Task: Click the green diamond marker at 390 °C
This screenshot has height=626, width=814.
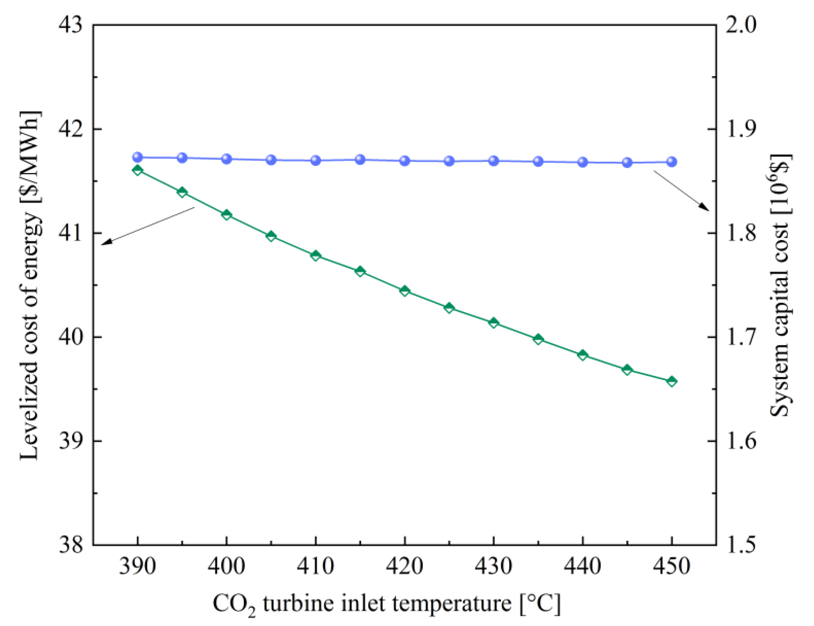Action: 138,170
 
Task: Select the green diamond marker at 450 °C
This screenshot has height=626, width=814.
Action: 671,381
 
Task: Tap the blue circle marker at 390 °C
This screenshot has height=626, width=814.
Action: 138,157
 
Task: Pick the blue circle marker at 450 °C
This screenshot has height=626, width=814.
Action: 671,162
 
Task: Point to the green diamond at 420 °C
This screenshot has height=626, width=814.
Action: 405,291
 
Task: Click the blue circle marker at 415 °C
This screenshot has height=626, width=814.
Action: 360,159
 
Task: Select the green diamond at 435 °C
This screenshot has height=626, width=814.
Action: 538,339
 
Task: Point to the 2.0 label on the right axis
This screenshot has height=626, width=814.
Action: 741,26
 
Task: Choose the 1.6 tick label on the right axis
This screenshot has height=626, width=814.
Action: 741,441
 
